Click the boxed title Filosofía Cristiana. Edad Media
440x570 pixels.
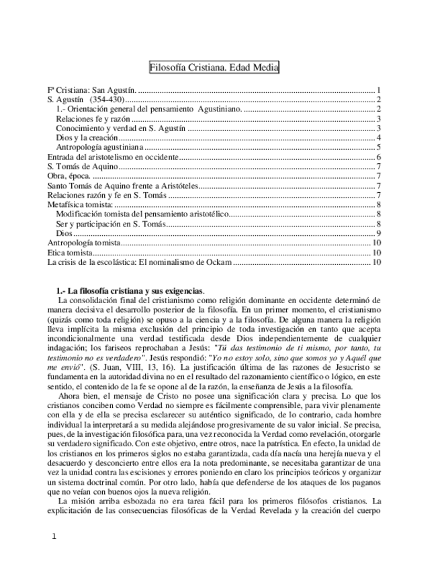213,68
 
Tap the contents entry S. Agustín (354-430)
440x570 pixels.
87,99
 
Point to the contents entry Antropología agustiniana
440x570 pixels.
99,147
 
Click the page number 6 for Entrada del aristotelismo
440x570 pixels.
379,157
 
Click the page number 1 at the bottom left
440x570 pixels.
54,536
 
